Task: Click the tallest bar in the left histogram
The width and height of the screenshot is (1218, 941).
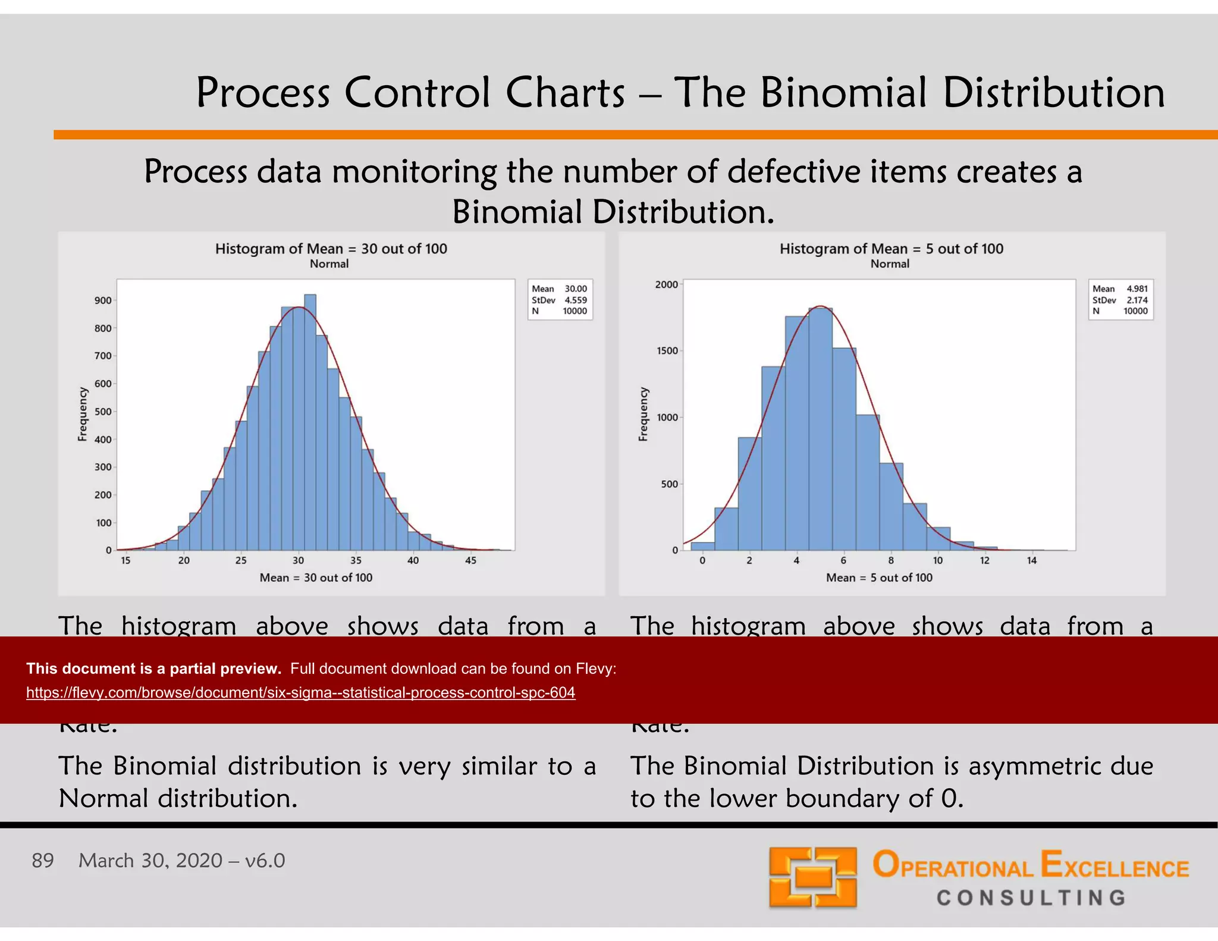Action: click(310, 422)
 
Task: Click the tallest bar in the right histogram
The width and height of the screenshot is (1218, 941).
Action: click(821, 428)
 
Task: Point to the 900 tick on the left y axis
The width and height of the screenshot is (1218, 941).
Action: click(103, 300)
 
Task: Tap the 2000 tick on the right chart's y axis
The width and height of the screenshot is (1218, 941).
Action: click(666, 284)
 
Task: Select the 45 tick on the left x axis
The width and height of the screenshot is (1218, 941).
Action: click(470, 560)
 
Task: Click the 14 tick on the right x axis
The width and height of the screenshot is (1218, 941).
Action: click(1032, 560)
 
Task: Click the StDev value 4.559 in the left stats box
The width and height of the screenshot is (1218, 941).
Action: click(575, 300)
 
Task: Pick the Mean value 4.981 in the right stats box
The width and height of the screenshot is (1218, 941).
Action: click(1137, 288)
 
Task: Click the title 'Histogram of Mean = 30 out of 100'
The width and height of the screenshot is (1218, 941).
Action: click(331, 249)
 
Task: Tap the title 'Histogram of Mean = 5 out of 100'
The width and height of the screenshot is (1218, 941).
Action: click(891, 249)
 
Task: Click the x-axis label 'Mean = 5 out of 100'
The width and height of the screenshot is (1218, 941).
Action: click(879, 578)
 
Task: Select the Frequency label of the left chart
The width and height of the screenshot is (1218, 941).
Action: click(83, 415)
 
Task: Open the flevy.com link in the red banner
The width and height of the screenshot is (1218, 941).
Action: click(300, 692)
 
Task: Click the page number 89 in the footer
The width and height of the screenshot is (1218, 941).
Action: click(43, 861)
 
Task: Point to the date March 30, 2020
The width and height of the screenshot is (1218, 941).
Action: click(150, 861)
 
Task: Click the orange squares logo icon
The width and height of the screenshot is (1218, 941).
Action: click(812, 877)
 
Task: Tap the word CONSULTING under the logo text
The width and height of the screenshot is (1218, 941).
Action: click(1031, 898)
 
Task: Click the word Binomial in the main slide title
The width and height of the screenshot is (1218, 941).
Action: click(843, 93)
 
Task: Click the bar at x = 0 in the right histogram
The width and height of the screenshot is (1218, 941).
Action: click(702, 546)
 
